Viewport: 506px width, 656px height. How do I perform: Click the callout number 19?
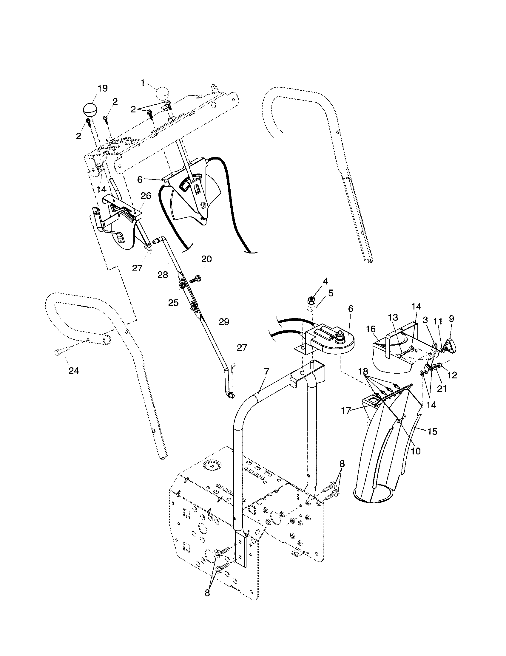click(x=102, y=88)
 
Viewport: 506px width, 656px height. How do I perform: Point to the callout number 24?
click(x=74, y=371)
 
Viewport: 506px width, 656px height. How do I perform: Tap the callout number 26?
click(x=146, y=196)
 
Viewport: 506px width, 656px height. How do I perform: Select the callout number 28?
click(x=163, y=275)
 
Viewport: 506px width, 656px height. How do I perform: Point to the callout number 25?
click(x=173, y=302)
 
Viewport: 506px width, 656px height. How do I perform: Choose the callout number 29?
click(x=224, y=322)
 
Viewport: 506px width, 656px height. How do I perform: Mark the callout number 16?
click(x=371, y=329)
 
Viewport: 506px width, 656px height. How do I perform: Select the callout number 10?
click(x=416, y=451)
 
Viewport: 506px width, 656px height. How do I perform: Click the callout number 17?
click(x=346, y=410)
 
